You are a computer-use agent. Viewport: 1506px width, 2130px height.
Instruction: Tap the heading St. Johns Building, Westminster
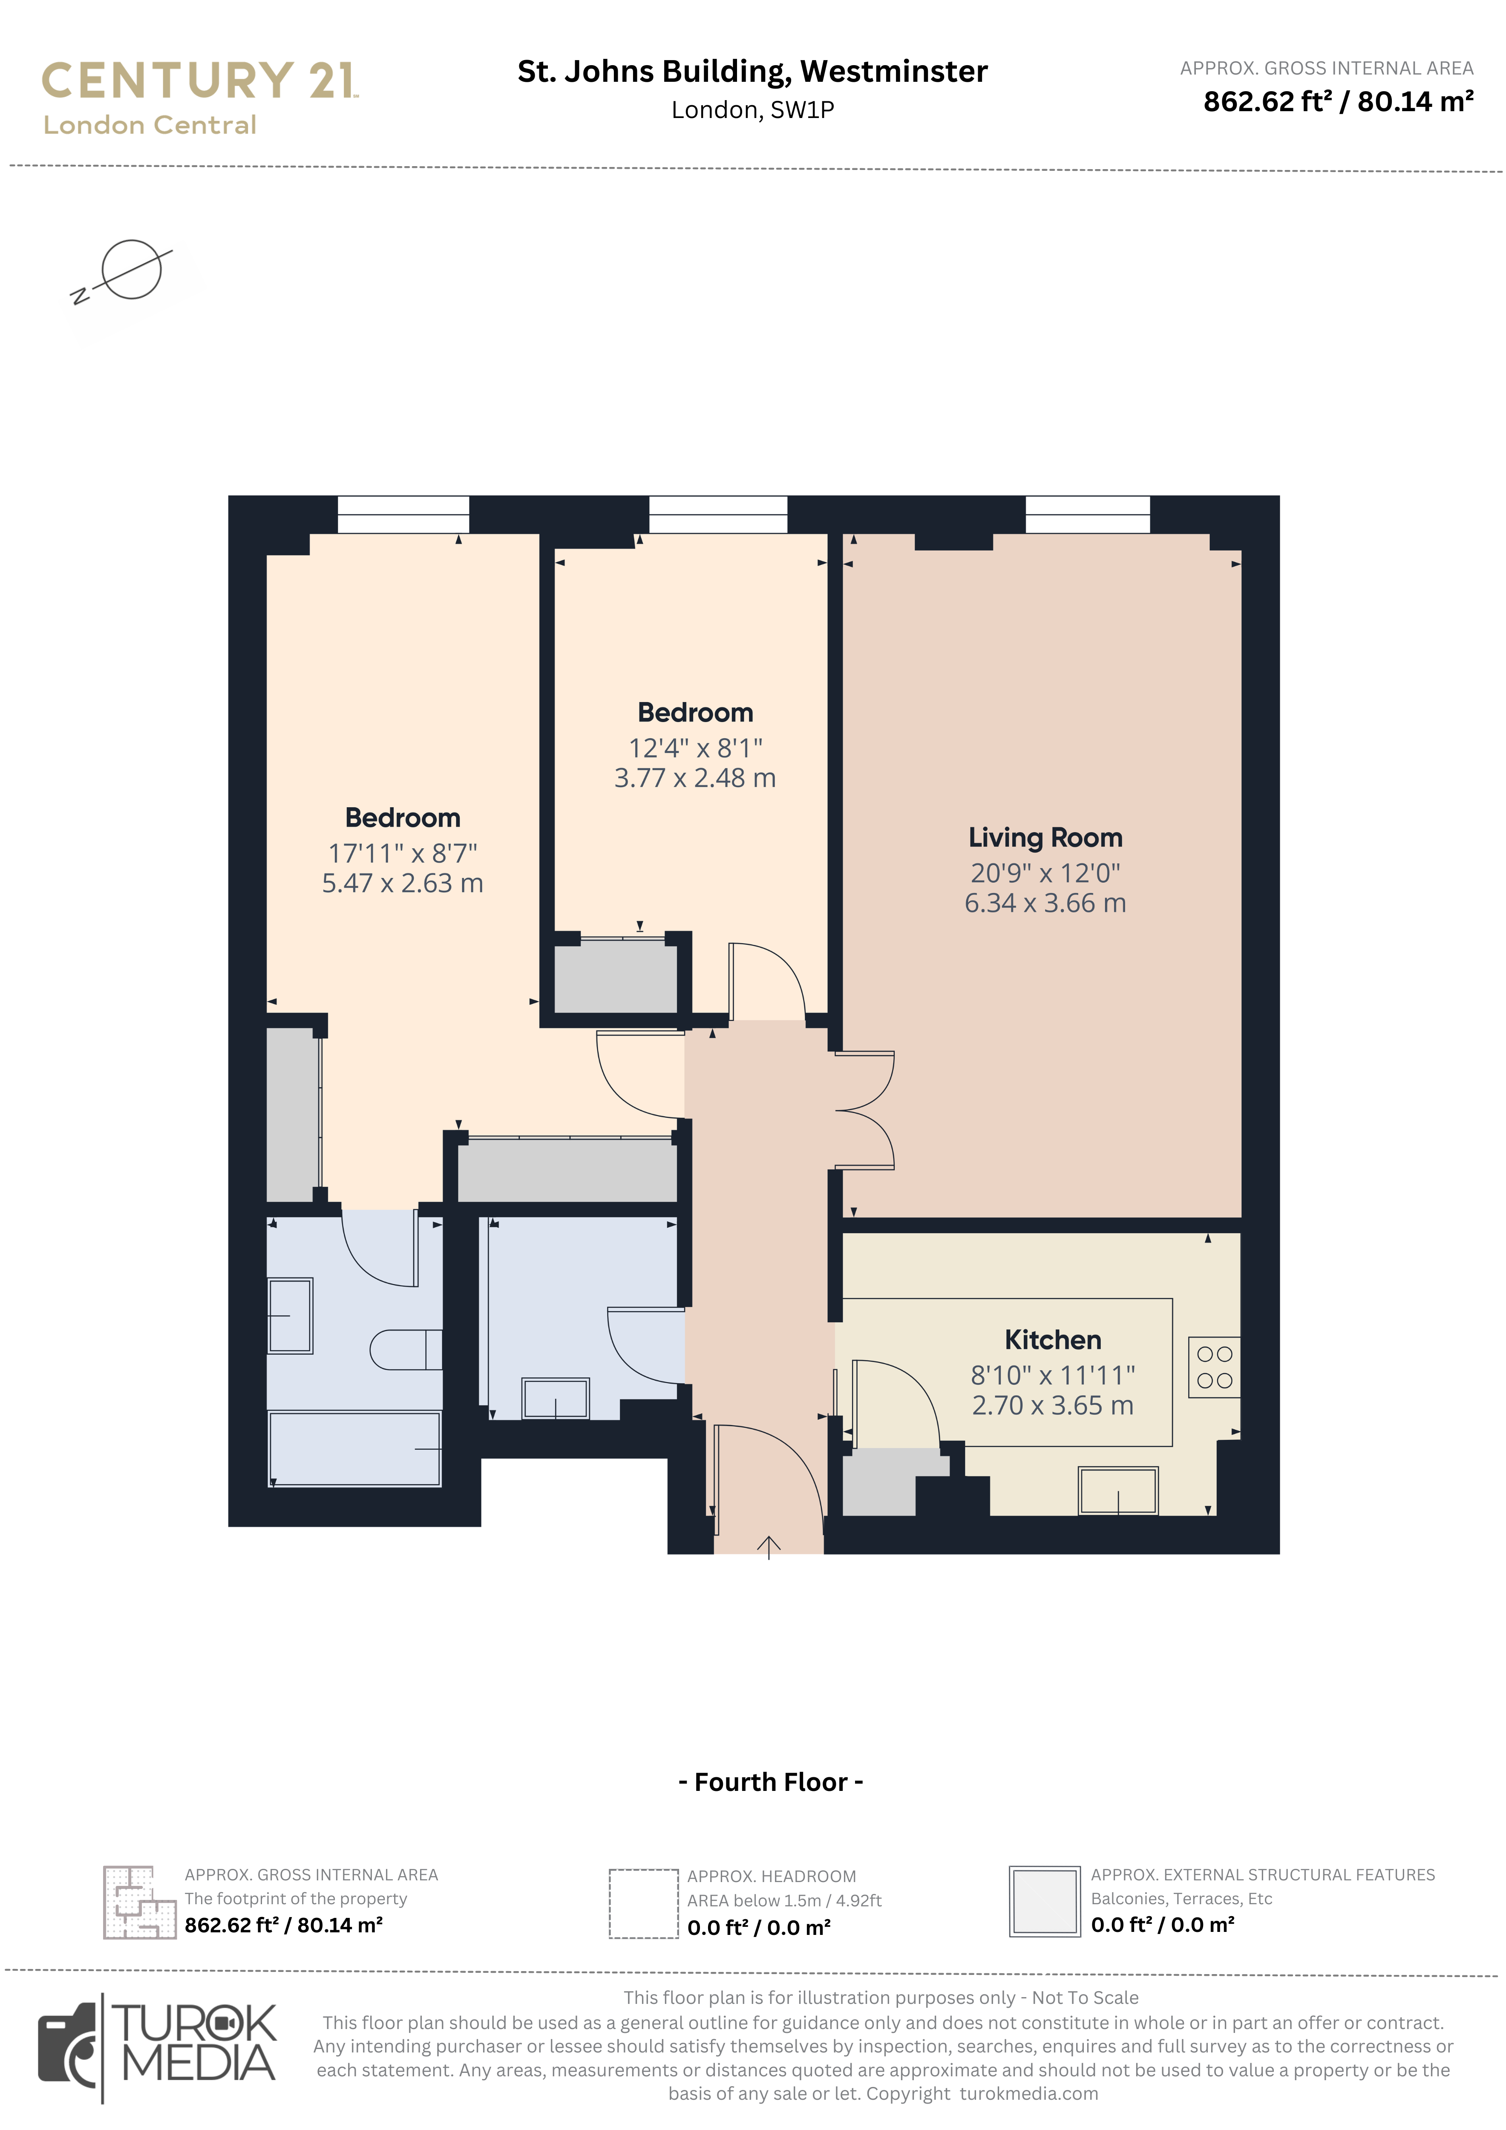point(752,72)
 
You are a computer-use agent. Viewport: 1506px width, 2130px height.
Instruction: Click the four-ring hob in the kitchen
point(1214,1367)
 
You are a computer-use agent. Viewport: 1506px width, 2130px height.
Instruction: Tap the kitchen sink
point(1118,1491)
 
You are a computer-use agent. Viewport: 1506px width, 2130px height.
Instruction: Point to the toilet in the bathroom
point(406,1350)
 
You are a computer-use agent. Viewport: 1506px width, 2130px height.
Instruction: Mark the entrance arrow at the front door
point(768,1546)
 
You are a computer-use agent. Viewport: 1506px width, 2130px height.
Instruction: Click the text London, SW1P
point(752,110)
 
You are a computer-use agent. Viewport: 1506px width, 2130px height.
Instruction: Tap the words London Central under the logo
point(150,125)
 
